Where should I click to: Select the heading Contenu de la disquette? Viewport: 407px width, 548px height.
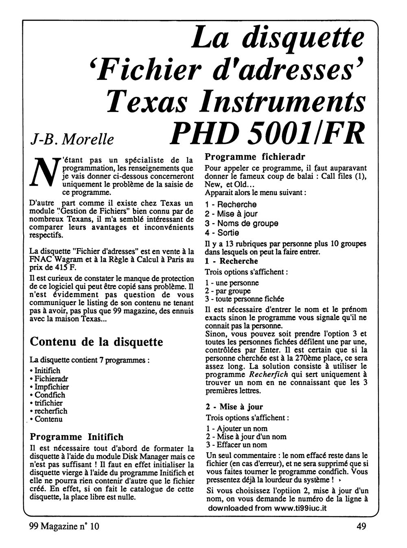[x=96, y=341]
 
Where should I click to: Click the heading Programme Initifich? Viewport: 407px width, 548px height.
[x=77, y=437]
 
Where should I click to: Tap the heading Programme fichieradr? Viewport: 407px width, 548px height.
[x=255, y=156]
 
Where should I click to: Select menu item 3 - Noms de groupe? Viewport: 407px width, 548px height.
[x=242, y=223]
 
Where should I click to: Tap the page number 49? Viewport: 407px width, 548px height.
[x=360, y=526]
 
